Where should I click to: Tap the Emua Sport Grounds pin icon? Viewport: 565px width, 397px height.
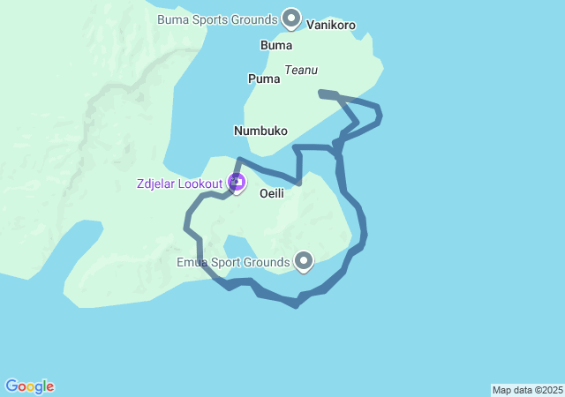[305, 260]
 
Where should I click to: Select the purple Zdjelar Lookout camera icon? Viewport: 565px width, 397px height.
[236, 183]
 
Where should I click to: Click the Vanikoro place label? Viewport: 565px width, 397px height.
[331, 26]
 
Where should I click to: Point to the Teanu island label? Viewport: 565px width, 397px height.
[301, 70]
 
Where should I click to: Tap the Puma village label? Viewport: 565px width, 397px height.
[264, 79]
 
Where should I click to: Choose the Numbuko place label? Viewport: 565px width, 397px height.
[260, 131]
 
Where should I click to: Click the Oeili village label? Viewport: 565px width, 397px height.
[272, 194]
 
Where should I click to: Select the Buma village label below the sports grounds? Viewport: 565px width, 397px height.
[276, 45]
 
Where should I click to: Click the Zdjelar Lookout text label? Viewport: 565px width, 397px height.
[179, 184]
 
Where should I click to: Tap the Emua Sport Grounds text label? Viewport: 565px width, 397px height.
[233, 262]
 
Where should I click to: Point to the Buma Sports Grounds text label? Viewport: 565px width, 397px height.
[216, 19]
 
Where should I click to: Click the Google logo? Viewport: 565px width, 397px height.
[29, 386]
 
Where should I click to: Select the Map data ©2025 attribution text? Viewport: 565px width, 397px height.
[527, 390]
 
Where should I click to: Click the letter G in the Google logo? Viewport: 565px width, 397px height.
[11, 386]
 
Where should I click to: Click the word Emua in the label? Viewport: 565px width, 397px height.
[192, 262]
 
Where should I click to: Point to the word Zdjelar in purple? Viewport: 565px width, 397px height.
[156, 184]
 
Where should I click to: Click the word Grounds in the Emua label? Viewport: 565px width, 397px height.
[267, 262]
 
